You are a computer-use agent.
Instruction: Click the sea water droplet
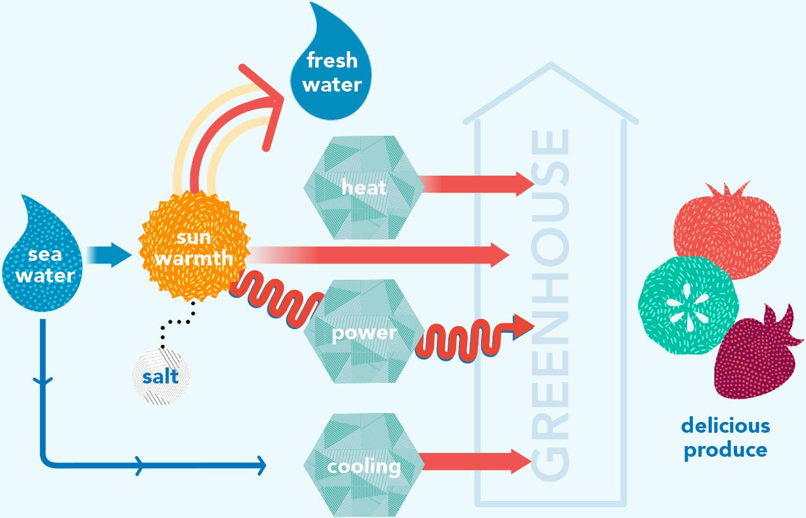(44, 265)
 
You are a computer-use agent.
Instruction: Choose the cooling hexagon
(363, 466)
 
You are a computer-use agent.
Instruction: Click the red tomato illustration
(727, 227)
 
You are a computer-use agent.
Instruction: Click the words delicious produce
(726, 437)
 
